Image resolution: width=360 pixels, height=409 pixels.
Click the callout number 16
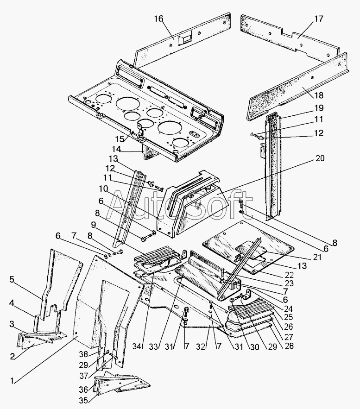click(x=158, y=19)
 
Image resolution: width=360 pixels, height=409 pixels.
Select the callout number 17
click(x=318, y=19)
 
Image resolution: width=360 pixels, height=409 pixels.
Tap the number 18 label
click(x=318, y=95)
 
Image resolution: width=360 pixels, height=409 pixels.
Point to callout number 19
click(x=318, y=108)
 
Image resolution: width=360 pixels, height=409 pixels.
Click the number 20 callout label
click(x=320, y=158)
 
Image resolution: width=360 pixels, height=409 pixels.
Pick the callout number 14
click(x=116, y=149)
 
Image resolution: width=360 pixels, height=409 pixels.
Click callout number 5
click(x=12, y=280)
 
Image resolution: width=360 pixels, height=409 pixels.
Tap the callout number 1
click(x=12, y=381)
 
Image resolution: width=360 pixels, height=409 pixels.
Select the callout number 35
click(x=83, y=400)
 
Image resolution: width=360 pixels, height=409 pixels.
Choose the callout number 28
click(x=288, y=346)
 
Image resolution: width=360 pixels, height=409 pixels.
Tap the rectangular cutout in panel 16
click(x=184, y=39)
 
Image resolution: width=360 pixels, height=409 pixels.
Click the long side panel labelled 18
click(x=297, y=86)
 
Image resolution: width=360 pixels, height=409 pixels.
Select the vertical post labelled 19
click(x=273, y=166)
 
